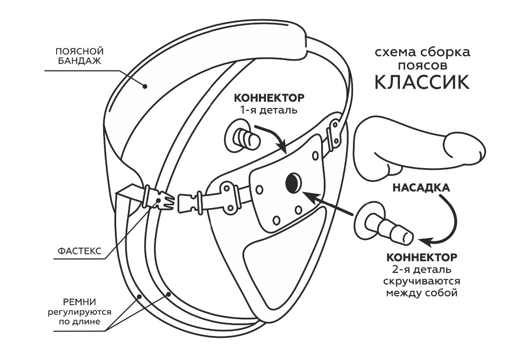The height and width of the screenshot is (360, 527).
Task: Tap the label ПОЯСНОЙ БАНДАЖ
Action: (x=78, y=56)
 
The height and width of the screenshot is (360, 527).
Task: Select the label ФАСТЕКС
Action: (x=79, y=251)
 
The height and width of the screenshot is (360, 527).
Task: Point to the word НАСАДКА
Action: (x=421, y=188)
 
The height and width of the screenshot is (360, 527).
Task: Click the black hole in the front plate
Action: (x=293, y=182)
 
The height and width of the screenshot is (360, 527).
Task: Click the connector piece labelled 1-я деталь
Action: (x=243, y=138)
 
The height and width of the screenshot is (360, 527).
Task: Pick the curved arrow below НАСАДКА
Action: (x=448, y=222)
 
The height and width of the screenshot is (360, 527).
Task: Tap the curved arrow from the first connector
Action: (x=272, y=137)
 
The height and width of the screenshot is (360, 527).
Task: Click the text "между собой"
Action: (x=422, y=292)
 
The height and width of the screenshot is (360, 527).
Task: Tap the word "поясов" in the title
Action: (x=422, y=65)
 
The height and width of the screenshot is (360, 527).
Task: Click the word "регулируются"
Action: (x=79, y=312)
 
